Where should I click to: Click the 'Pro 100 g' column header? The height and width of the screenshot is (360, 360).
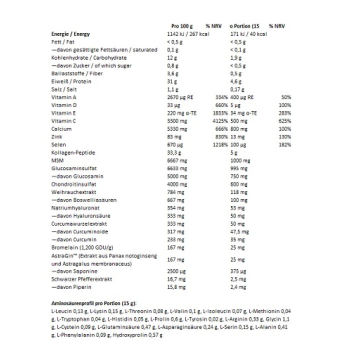click(178, 25)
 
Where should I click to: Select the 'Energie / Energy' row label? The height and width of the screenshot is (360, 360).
click(70, 33)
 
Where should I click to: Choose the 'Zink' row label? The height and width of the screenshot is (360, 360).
click(57, 136)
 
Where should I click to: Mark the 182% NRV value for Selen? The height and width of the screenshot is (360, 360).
click(284, 144)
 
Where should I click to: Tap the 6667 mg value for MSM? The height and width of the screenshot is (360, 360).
click(176, 160)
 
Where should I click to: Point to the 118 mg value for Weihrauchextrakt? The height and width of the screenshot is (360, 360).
click(238, 192)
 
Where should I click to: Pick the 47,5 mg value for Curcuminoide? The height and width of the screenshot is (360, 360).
click(239, 231)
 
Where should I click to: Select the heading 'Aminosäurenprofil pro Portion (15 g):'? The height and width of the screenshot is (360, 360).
click(94, 303)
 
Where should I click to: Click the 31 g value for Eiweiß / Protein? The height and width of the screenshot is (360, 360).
click(171, 81)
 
